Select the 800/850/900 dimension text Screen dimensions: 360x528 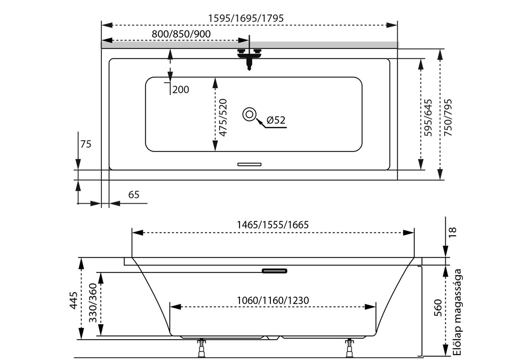[181, 34]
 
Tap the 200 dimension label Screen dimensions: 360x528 [181, 90]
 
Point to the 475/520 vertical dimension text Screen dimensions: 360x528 [223, 118]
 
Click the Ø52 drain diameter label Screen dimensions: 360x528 [276, 121]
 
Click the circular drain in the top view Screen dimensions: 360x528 [249, 114]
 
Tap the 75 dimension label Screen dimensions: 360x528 [86, 143]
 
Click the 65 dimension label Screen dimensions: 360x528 [133, 195]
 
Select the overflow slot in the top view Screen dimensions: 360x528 [249, 164]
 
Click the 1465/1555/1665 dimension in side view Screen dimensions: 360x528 [273, 225]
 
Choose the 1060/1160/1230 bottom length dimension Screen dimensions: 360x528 [273, 300]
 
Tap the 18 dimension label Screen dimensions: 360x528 [452, 231]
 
